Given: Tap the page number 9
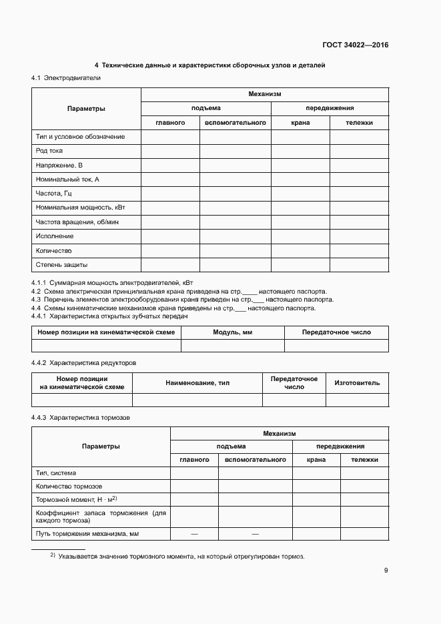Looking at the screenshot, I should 386,570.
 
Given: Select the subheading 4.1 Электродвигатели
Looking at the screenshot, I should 66,79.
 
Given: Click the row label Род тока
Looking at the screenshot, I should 49,151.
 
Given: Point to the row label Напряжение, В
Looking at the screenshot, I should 59,165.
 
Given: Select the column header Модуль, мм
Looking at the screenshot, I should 233,332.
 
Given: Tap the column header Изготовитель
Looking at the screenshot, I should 357,383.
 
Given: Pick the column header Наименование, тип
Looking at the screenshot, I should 197,383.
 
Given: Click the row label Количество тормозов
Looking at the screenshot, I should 69,486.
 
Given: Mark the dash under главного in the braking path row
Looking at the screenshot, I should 194,534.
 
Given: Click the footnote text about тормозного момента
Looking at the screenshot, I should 181,556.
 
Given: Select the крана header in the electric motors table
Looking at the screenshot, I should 300,122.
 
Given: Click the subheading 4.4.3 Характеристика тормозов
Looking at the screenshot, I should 81,417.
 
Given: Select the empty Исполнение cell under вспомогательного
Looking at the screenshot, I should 235,236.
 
